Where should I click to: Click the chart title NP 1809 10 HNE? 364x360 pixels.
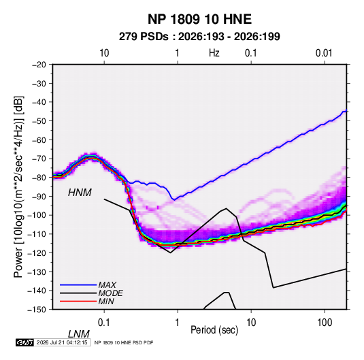[x=199, y=19]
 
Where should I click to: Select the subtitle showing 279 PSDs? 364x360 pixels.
[x=199, y=37]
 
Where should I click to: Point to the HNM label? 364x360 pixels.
[x=80, y=193]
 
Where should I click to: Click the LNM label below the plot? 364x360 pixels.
[x=79, y=334]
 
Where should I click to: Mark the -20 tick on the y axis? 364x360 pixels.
[x=39, y=65]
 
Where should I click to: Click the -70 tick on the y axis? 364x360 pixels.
[x=39, y=159]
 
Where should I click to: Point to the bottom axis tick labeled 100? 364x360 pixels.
[x=325, y=323]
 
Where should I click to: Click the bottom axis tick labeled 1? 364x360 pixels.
[x=178, y=323]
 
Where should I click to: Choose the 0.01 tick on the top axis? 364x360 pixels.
[x=324, y=53]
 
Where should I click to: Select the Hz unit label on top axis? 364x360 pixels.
[x=214, y=53]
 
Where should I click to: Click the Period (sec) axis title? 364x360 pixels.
[x=214, y=330]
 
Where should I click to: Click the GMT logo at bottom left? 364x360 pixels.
[x=24, y=342]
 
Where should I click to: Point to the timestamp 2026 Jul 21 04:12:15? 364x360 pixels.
[x=62, y=342]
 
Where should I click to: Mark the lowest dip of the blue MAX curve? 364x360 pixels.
[x=174, y=199]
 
